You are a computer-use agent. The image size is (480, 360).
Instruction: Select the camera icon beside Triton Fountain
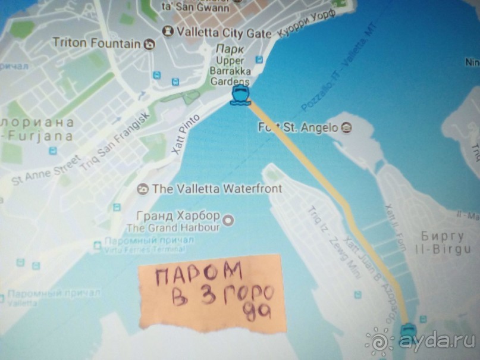149,43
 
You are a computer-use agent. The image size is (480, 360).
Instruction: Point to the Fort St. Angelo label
299,127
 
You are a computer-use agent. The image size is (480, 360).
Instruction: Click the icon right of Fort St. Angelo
347,127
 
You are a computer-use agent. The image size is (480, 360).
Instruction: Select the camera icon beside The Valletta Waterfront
142,190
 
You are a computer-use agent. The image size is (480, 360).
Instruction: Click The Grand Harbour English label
173,227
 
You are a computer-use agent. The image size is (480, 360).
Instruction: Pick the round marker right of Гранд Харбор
230,220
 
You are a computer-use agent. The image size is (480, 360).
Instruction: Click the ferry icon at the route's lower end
409,333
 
